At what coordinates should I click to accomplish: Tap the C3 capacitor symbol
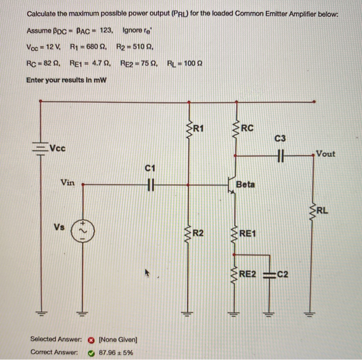[280, 154]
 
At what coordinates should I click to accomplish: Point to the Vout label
[325, 154]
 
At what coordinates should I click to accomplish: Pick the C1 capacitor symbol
[150, 183]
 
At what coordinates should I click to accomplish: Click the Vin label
[67, 182]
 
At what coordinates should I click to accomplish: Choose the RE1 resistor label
[249, 234]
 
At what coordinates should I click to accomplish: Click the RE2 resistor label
[249, 274]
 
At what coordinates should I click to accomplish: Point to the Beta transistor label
[245, 184]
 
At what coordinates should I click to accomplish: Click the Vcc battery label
[58, 148]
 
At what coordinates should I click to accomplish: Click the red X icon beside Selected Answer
[91, 339]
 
